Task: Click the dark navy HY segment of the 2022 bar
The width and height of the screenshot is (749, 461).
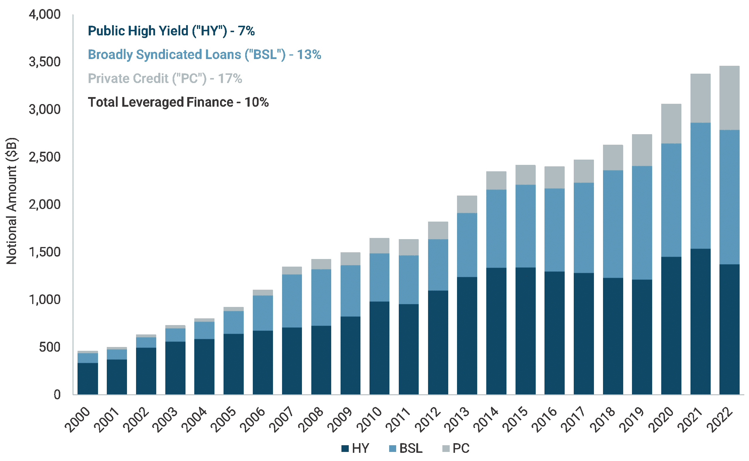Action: click(729, 329)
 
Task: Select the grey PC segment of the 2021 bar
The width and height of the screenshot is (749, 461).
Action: click(700, 98)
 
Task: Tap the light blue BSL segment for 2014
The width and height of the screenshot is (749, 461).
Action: click(497, 229)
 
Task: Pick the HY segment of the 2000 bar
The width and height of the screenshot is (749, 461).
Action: click(88, 379)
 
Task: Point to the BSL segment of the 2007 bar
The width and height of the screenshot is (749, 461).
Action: click(292, 301)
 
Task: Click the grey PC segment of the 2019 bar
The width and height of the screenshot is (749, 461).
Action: click(642, 150)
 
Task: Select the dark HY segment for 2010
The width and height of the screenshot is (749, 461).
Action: click(379, 348)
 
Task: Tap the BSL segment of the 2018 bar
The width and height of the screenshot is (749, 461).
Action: click(613, 224)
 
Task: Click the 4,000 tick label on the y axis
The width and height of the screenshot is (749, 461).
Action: click(45, 14)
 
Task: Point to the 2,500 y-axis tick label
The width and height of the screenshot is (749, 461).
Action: click(45, 157)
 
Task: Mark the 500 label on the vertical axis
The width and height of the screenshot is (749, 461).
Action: click(50, 347)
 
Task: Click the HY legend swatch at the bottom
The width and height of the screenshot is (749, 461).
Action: click(345, 448)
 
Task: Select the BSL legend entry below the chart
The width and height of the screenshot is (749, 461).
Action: click(406, 448)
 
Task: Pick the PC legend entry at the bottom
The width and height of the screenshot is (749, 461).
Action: click(456, 448)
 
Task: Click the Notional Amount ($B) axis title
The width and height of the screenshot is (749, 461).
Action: click(12, 201)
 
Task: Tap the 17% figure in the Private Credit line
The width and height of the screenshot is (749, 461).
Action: click(230, 78)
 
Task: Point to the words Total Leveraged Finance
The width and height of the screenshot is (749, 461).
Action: click(160, 102)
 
